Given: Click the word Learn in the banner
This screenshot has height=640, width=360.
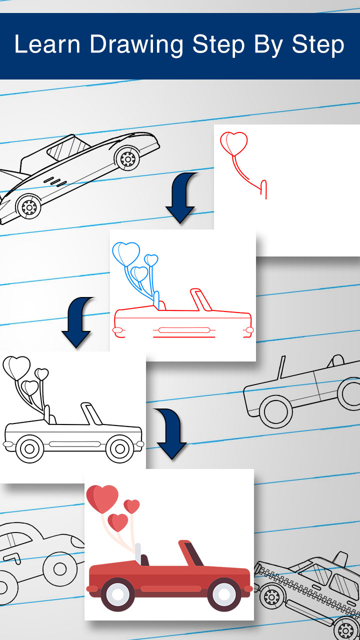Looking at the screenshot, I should pos(47,44).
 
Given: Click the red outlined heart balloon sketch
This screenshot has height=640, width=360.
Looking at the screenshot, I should pos(234,143).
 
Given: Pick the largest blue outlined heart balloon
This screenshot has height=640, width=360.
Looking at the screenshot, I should pos(125,253).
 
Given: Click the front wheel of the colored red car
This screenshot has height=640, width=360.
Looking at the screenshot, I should pos(221,593).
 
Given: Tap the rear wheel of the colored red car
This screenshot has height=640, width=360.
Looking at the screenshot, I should pos(117,593).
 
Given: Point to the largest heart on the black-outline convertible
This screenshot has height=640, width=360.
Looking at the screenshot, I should pos(16,366).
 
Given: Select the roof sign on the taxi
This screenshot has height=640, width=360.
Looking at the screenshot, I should pos(339,558).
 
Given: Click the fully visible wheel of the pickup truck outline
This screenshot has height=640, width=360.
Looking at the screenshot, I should pos(275,411).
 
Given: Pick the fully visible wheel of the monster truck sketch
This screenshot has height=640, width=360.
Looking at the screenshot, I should pos(59,568).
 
